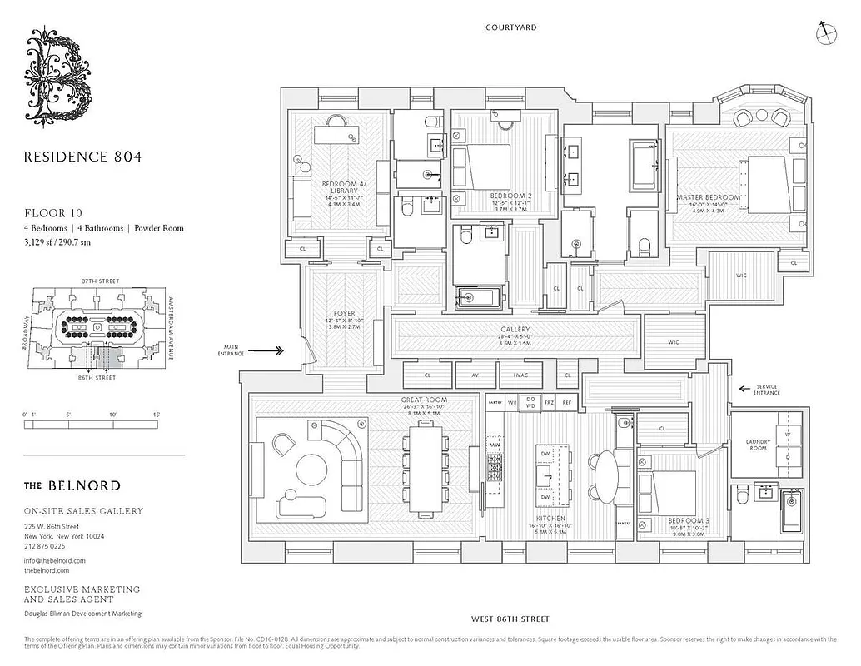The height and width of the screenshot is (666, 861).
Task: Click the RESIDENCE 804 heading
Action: pos(82,156)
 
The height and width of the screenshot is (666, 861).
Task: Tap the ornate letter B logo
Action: pos(59,74)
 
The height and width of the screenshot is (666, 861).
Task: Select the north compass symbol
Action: pos(824,32)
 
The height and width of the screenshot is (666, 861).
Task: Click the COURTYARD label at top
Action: pos(510,27)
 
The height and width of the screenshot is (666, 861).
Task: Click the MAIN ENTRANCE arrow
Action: pos(270,351)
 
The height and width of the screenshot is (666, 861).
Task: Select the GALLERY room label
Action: pos(515,330)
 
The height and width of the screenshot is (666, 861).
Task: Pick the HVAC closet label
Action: pos(520,375)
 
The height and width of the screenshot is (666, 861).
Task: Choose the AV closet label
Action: pos(475,375)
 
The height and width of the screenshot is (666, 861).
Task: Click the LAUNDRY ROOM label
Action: pos(759,445)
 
